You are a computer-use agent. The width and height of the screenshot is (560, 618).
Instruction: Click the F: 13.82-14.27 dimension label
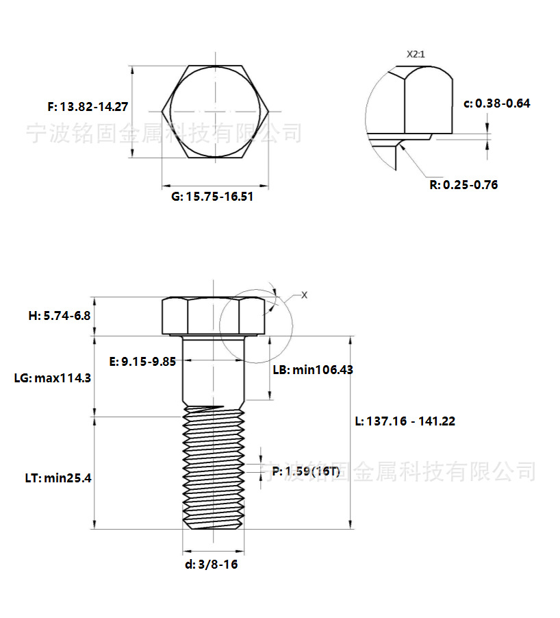pyautogui.click(x=88, y=107)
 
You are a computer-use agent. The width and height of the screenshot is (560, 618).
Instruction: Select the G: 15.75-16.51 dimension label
pyautogui.click(x=212, y=196)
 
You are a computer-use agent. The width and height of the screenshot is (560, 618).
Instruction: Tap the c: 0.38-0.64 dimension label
pyautogui.click(x=497, y=103)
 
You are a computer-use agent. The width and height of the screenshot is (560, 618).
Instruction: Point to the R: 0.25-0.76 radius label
pyautogui.click(x=463, y=185)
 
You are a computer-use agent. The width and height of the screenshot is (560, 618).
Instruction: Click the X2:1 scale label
pyautogui.click(x=416, y=54)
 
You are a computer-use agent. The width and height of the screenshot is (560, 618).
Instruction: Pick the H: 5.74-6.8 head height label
pyautogui.click(x=60, y=316)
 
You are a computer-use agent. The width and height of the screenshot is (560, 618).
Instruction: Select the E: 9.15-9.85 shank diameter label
pyautogui.click(x=142, y=362)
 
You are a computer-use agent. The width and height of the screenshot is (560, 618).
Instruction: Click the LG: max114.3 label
pyautogui.click(x=53, y=378)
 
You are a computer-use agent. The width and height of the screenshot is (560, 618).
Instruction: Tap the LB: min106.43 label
pyautogui.click(x=313, y=370)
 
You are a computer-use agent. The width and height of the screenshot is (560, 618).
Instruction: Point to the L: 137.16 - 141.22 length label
pyautogui.click(x=405, y=421)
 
